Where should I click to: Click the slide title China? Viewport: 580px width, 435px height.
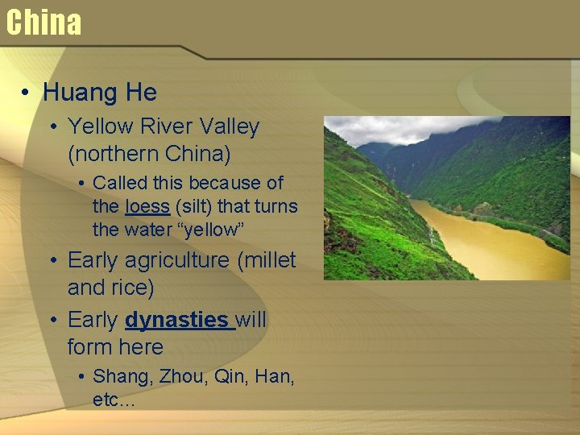click(43, 23)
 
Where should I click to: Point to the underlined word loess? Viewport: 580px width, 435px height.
click(147, 206)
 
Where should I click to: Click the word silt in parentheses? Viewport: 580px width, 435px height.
click(192, 206)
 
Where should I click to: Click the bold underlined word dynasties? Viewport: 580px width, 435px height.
click(176, 320)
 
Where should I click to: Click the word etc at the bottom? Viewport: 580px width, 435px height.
click(106, 400)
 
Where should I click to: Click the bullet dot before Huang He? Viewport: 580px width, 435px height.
click(27, 93)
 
